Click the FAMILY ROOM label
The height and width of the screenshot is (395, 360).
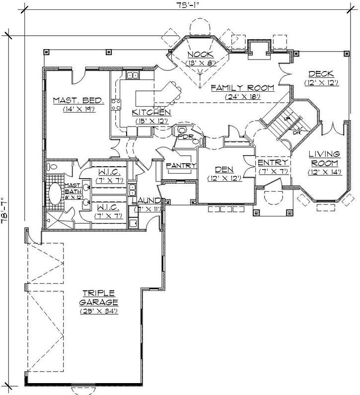242,88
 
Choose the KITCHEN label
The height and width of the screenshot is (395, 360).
151,113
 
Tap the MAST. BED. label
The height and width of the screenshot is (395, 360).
78,101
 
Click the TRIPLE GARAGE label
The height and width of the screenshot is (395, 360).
99,297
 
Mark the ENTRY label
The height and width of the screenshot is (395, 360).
273,163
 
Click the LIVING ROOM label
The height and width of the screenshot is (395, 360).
324,158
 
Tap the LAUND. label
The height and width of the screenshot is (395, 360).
146,200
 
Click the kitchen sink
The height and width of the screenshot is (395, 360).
133,76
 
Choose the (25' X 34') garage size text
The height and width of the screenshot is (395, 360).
101,311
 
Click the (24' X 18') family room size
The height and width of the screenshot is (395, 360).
242,97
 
